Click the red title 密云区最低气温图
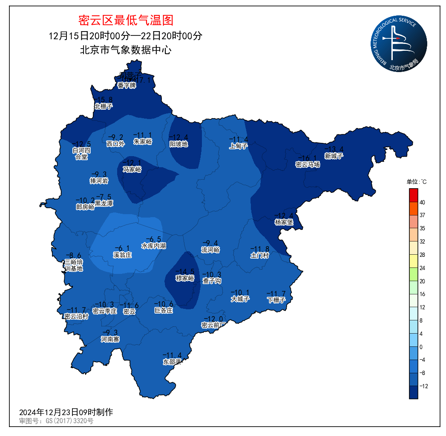pos(126,20)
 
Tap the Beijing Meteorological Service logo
pos(398,44)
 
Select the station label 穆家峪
pos(185,278)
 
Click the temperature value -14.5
pos(185,271)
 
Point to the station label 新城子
pos(334,156)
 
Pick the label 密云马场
pos(308,164)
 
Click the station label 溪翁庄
pos(122,255)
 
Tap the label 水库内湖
pos(153,246)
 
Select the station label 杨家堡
pos(284,222)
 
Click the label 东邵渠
pos(172,362)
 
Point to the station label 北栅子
pos(103,106)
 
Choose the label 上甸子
pos(238,146)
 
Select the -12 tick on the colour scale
pos(423,386)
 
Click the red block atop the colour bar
pos(413,195)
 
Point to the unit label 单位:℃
pos(416,182)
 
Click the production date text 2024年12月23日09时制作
pos(66,413)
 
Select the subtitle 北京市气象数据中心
pos(126,50)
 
